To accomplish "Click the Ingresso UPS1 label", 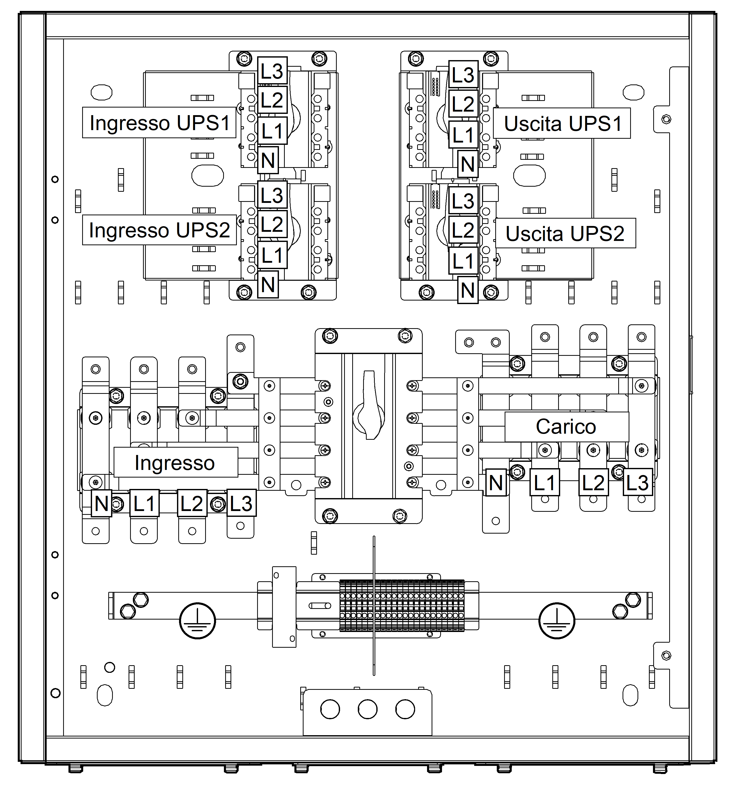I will pyautogui.click(x=160, y=123).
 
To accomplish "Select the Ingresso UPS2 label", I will pyautogui.click(x=160, y=230).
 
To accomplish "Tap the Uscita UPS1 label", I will pyautogui.click(x=563, y=124).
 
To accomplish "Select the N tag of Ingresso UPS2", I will pyautogui.click(x=268, y=285).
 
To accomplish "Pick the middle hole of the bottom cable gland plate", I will pyautogui.click(x=367, y=709).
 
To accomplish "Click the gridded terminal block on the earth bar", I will pyautogui.click(x=402, y=606).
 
